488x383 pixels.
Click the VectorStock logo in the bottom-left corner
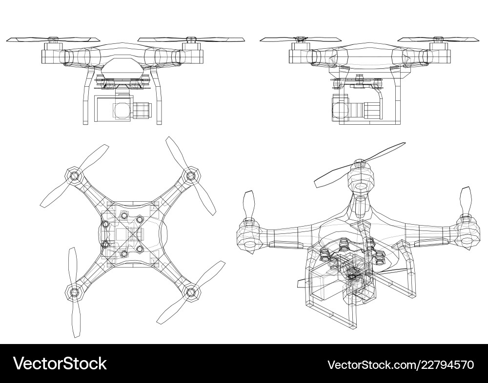[60, 364]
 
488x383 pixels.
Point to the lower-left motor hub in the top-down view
[74, 292]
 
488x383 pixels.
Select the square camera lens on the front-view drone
[121, 111]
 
